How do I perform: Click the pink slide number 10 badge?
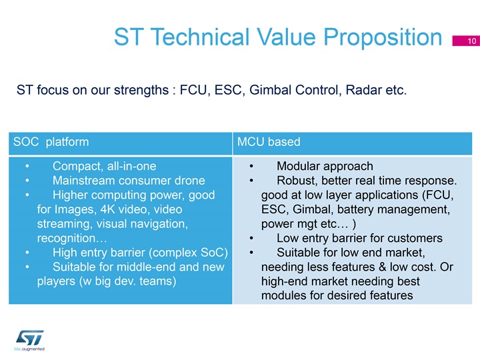[466, 41]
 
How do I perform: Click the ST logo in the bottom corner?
[29, 340]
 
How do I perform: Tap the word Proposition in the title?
[383, 37]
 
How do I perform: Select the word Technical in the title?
[200, 37]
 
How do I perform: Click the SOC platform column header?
[51, 142]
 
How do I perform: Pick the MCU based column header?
[269, 142]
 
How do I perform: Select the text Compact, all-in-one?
[105, 166]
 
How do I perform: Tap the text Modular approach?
[325, 166]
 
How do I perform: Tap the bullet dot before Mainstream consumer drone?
[27, 181]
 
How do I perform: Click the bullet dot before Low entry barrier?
[251, 238]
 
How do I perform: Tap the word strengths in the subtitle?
[141, 90]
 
